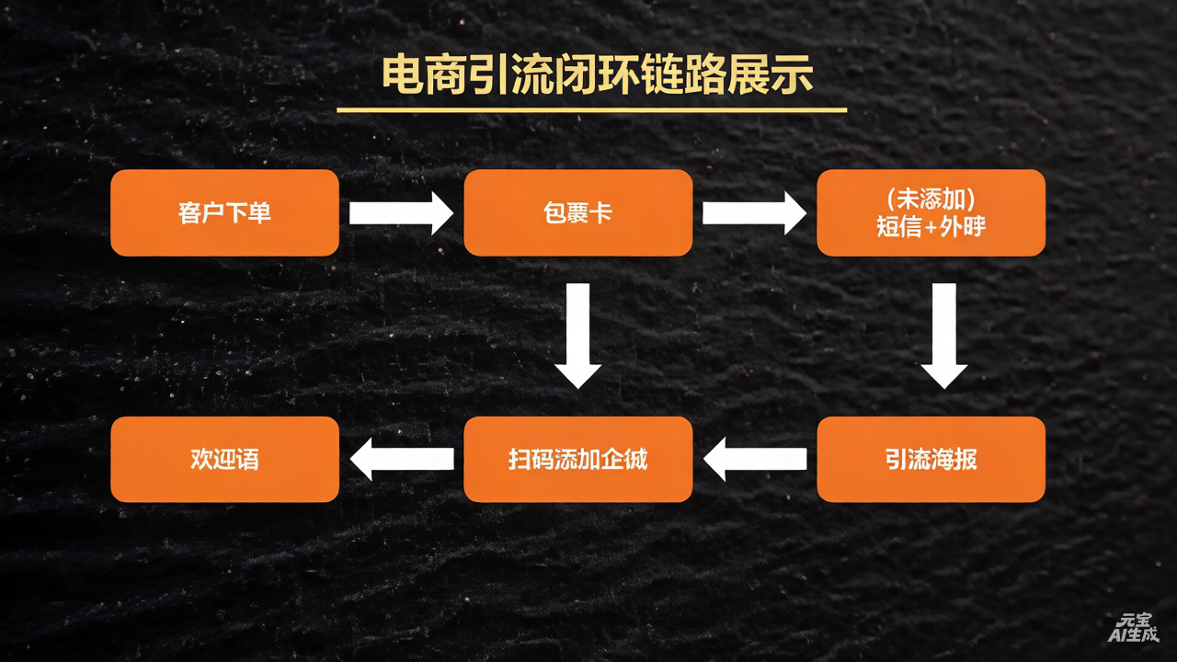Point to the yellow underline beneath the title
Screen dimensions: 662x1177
(x=591, y=110)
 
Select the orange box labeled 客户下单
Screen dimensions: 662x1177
(x=224, y=212)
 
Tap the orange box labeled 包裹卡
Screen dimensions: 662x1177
(x=577, y=212)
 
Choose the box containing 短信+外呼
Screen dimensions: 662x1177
(x=931, y=212)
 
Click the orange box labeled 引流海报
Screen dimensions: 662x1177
(x=931, y=459)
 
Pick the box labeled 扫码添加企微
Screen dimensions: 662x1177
(x=577, y=459)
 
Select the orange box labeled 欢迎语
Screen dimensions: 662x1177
(x=224, y=459)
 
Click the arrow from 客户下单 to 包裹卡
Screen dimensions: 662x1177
(x=401, y=213)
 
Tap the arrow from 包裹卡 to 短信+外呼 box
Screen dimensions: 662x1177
(x=754, y=213)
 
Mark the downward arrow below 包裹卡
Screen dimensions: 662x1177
(x=577, y=336)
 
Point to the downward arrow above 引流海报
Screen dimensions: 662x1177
(x=943, y=336)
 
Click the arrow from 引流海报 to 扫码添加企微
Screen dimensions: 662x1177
(x=754, y=459)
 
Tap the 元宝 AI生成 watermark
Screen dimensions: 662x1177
(x=1133, y=627)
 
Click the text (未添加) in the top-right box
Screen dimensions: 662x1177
(x=931, y=198)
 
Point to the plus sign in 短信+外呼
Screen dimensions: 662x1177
(x=931, y=227)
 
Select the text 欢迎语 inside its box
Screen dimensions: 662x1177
(x=224, y=459)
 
